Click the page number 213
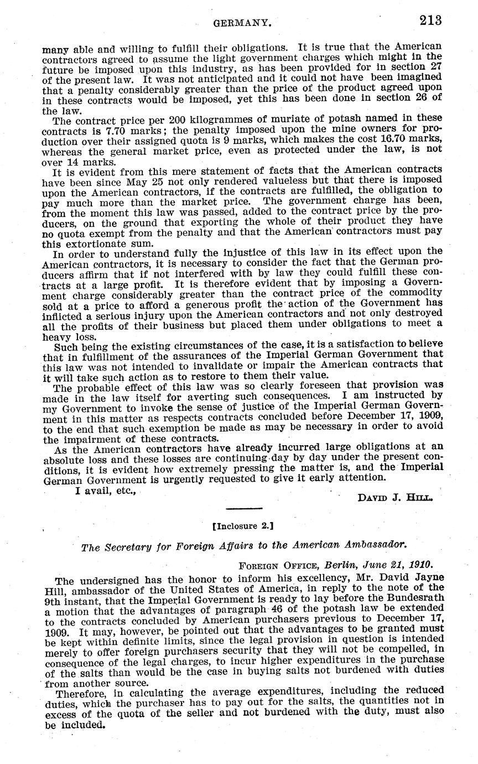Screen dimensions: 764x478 [x=430, y=21]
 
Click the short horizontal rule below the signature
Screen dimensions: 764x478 [x=243, y=508]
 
